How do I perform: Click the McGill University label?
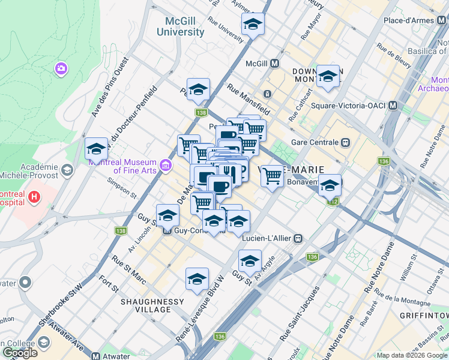coord(180,26)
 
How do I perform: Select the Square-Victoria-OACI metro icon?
coord(393,106)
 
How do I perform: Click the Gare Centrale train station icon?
coord(345,143)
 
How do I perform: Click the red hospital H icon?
coord(35,196)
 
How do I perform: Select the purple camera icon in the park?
coord(61,69)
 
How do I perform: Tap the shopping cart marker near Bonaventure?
coord(272,176)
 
